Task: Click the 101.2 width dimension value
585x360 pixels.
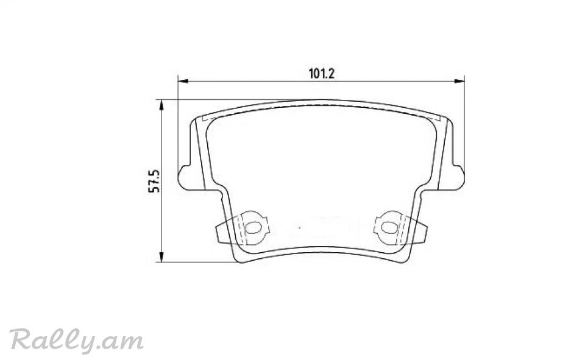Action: (321, 74)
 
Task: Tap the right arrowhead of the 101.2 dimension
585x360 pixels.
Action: (459, 81)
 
